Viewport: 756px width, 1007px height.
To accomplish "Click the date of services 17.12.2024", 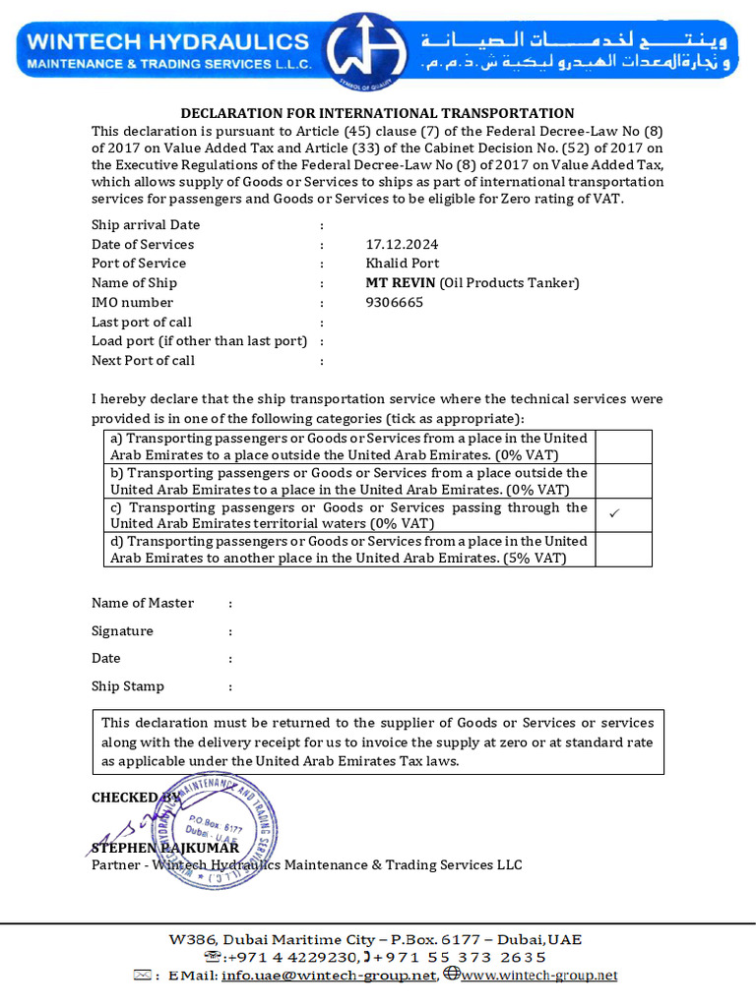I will coord(402,244).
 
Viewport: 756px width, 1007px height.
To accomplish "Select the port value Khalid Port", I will coord(402,264).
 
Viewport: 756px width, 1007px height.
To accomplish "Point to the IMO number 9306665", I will coord(394,303).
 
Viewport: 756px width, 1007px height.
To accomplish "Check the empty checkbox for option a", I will coord(622,446).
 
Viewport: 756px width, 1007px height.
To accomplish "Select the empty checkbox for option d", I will coord(622,550).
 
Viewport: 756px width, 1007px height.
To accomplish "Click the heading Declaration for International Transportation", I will coord(377,113).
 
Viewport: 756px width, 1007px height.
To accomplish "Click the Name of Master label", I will coord(143,603).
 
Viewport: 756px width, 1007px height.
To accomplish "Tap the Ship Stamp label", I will coord(128,686).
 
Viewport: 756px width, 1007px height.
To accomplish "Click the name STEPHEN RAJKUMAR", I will coord(164,847).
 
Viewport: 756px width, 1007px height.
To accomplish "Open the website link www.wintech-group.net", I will coord(538,976).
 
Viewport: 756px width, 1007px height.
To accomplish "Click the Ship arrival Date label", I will coord(146,225).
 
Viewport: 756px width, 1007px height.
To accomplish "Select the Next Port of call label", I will coord(143,360).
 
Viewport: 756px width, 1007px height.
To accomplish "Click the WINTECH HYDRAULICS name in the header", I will coord(167,41).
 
